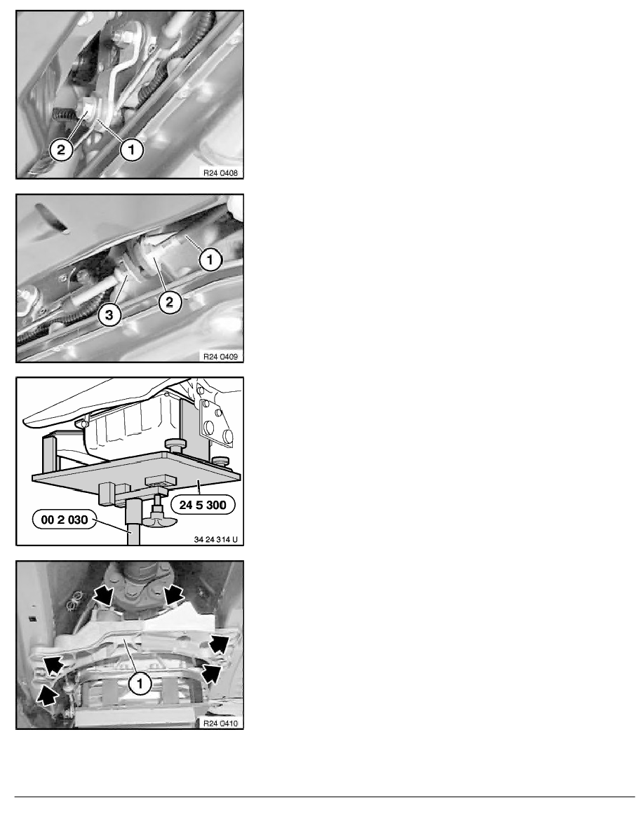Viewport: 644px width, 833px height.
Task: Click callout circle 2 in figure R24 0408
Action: pos(61,150)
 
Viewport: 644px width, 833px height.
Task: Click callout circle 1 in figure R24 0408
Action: pos(131,149)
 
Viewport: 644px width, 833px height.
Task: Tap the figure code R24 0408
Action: pos(220,172)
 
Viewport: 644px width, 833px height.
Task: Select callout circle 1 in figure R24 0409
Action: pos(210,259)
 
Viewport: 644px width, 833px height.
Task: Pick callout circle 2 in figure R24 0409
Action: pos(170,302)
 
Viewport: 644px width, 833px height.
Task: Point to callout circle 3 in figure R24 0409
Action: pos(109,315)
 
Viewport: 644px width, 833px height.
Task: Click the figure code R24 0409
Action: pos(220,356)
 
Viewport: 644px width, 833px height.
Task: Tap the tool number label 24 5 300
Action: pos(203,505)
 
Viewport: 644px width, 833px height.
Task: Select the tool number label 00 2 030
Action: pos(65,520)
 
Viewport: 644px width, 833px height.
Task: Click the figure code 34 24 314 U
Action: pos(216,539)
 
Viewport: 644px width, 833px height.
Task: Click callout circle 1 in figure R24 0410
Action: pos(140,683)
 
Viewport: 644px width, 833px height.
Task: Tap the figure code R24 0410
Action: pos(220,723)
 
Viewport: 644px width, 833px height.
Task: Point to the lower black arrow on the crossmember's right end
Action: pos(211,672)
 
